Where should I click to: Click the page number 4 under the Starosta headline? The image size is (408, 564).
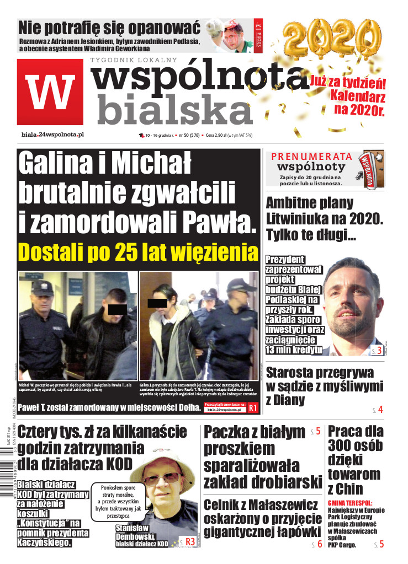380,410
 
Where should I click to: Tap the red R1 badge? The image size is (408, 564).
253,408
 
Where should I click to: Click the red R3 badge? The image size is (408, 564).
189,541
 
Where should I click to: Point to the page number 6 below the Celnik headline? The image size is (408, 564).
319,545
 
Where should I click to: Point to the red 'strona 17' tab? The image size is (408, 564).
258,34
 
